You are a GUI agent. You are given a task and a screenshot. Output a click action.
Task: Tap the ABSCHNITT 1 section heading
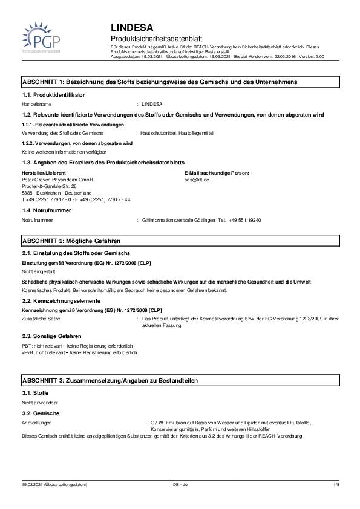(159, 81)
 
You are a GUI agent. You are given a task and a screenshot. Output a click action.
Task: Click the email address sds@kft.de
(197, 180)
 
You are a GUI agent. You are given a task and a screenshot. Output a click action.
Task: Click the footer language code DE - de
(180, 485)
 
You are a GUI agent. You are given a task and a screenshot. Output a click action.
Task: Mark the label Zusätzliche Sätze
(42, 317)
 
